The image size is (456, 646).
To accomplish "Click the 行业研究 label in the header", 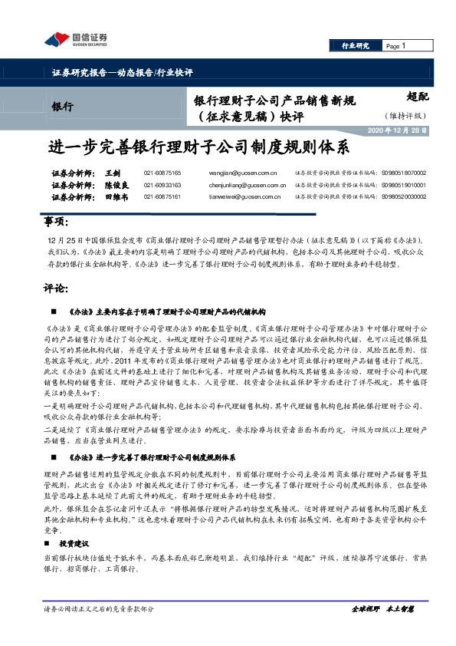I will pos(355,47).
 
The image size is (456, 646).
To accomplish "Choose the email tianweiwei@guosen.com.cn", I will pos(238,197).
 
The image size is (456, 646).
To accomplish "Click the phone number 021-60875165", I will pos(162,174).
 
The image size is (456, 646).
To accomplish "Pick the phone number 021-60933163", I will pos(162,186).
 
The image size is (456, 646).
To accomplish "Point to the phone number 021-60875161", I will pos(162,197).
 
